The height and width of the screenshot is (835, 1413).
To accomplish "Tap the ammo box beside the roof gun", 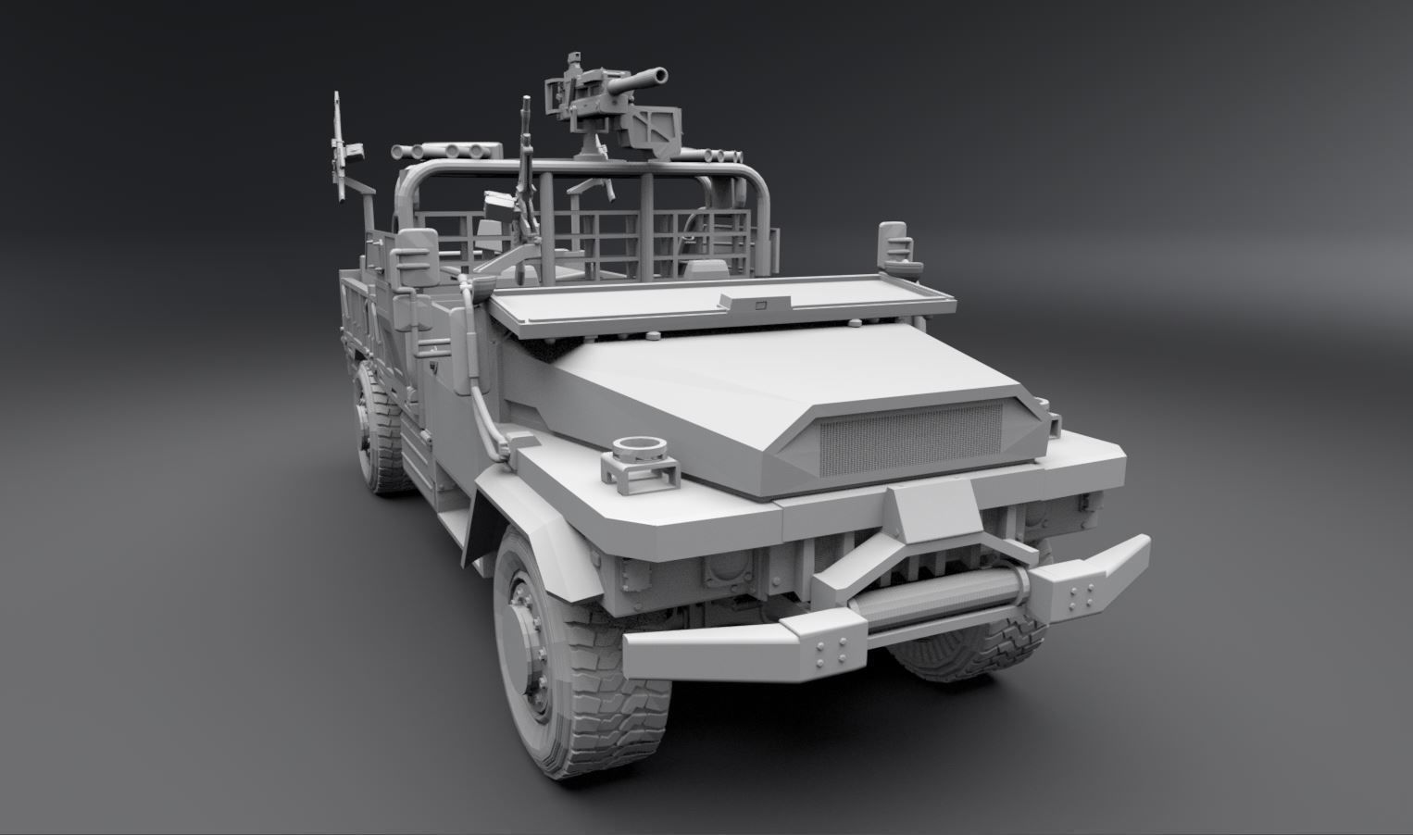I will [665, 129].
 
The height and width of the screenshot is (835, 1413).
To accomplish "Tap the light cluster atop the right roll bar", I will [721, 156].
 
